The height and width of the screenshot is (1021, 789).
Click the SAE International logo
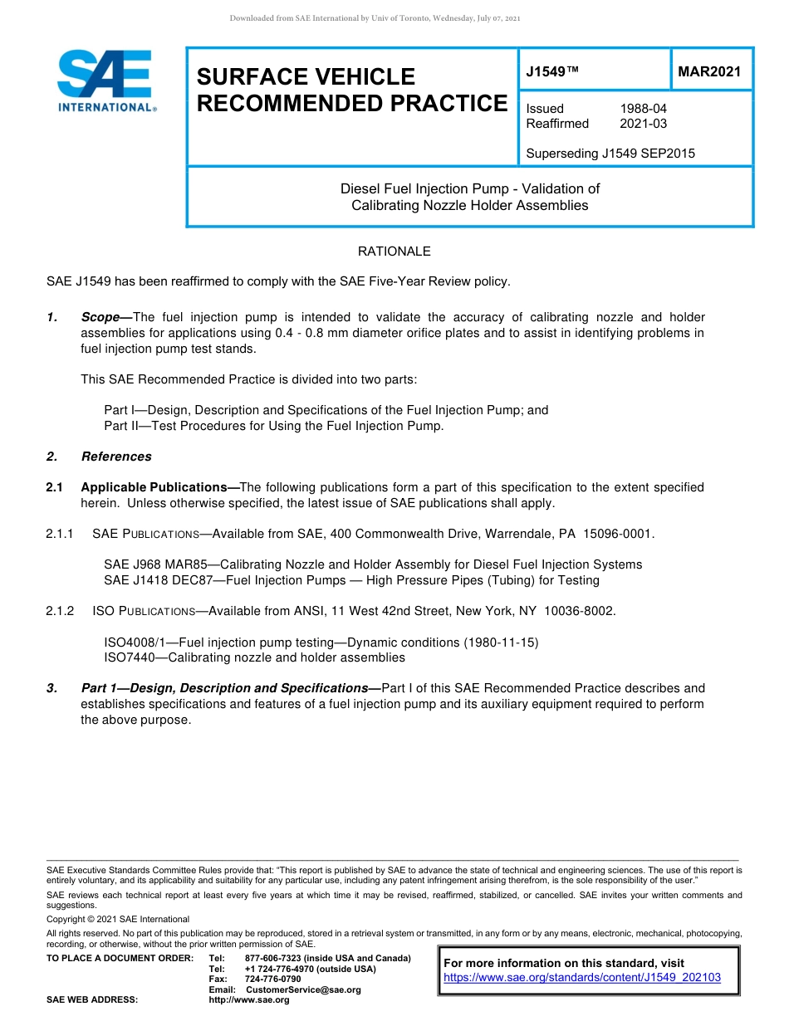[105, 81]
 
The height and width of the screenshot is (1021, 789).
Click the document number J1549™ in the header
[551, 72]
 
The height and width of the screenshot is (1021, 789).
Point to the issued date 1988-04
[643, 109]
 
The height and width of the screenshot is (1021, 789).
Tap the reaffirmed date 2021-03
[643, 124]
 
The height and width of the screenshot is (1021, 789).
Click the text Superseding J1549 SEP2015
[610, 153]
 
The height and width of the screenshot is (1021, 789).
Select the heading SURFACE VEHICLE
[306, 76]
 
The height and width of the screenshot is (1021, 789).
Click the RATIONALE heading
[394, 251]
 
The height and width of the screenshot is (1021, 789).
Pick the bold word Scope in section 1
[100, 317]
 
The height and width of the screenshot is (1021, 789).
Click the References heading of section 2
[116, 456]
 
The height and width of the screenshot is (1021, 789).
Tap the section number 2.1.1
[61, 533]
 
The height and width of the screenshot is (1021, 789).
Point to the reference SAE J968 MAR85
[155, 564]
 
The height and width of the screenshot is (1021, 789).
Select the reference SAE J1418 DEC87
[159, 579]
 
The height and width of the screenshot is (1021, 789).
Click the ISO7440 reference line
[254, 657]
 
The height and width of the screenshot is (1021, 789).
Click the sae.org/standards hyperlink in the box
[582, 978]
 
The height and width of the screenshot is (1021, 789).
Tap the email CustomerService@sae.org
[303, 989]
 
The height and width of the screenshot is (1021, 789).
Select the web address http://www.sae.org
[249, 999]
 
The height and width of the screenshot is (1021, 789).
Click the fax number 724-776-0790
[272, 979]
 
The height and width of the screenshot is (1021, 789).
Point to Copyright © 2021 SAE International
[118, 919]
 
